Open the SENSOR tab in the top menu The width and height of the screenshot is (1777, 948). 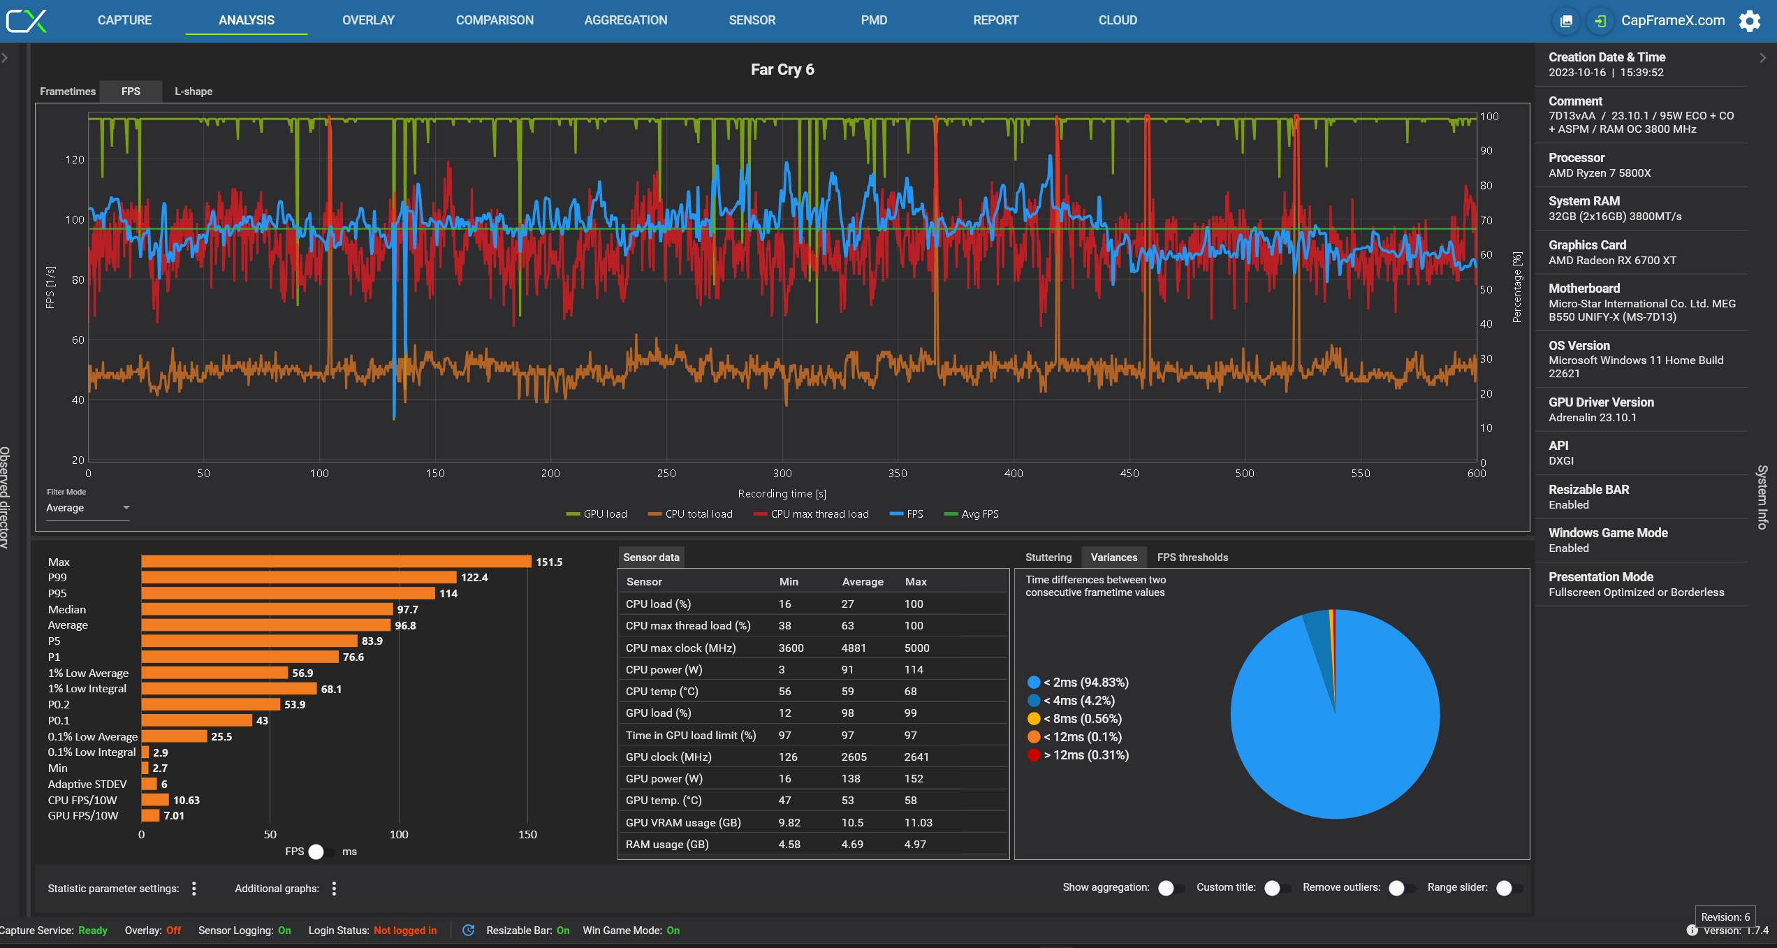coord(752,20)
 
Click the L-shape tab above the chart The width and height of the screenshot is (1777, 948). coord(193,92)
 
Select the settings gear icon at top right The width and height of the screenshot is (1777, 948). coord(1750,21)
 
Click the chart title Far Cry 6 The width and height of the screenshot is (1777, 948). coord(782,69)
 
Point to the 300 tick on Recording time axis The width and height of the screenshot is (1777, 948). coord(782,474)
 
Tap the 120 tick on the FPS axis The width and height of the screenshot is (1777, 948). coord(75,159)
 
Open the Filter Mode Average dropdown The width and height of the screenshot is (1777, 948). coord(87,508)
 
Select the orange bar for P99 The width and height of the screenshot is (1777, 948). coord(298,577)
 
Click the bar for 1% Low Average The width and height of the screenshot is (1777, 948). coord(214,673)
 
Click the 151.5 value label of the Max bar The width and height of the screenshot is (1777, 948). coord(549,562)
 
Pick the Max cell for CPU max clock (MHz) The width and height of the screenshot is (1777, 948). coord(916,648)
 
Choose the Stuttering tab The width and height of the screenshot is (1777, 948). coord(1048,557)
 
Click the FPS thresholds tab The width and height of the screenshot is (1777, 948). coord(1192,557)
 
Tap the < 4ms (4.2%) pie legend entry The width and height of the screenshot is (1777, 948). coord(1078,700)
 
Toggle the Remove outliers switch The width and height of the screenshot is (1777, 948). coord(1400,887)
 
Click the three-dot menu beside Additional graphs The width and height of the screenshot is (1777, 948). coord(334,888)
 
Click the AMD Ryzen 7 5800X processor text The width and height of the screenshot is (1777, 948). coord(1600,173)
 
